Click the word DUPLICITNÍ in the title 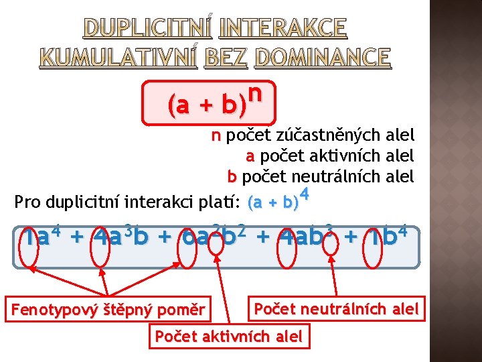[148, 27]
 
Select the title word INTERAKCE [283, 27]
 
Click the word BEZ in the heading [226, 58]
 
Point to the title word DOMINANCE [322, 58]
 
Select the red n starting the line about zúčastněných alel [216, 136]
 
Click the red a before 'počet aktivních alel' [250, 157]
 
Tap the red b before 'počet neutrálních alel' [232, 178]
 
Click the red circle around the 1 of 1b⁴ [380, 247]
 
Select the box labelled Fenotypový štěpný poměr [107, 310]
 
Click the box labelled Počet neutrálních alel [336, 309]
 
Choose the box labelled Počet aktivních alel [229, 337]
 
